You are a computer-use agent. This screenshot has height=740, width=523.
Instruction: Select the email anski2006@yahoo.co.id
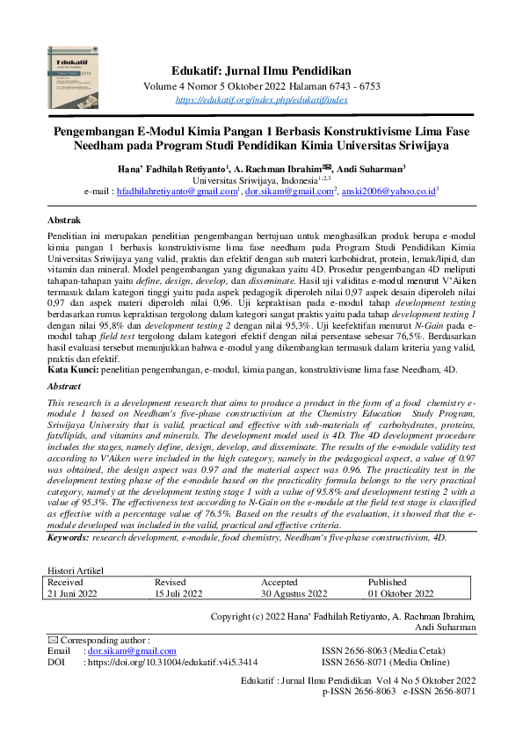tap(388, 190)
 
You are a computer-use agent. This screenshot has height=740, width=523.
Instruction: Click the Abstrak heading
tap(65, 219)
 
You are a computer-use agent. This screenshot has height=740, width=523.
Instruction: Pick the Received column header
tap(66, 582)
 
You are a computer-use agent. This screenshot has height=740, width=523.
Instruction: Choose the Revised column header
tap(171, 582)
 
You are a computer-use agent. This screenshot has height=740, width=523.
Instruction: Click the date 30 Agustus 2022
tap(294, 594)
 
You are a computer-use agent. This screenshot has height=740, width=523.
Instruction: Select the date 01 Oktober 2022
tap(402, 594)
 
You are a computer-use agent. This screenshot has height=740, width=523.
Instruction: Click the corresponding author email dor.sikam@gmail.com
tap(122, 651)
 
